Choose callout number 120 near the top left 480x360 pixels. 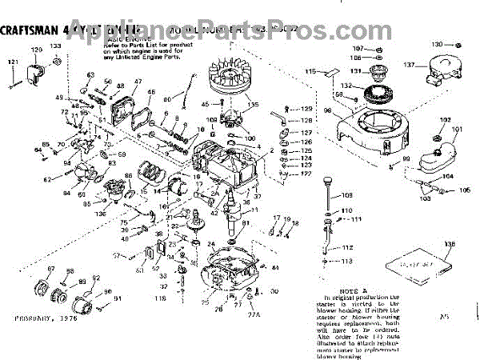pyautogui.click(x=35, y=50)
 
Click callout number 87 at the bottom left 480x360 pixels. pyautogui.click(x=50, y=269)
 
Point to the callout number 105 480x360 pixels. pyautogui.click(x=466, y=190)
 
